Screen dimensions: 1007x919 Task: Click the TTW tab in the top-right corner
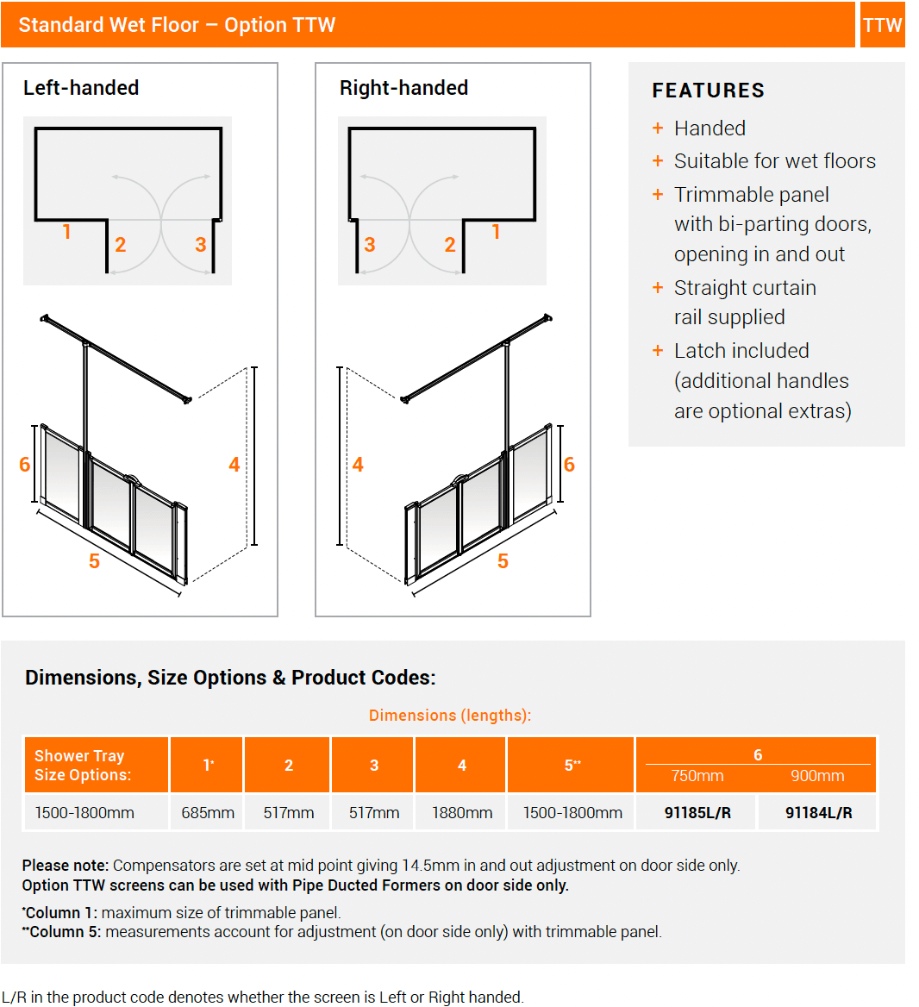[x=882, y=25]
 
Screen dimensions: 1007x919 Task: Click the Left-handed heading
[x=81, y=88]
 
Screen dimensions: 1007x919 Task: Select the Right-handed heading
[x=403, y=88]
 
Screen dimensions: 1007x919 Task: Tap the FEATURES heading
[x=708, y=91]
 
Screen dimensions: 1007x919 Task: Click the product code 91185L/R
[x=697, y=813]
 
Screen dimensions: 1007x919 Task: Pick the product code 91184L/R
[x=818, y=813]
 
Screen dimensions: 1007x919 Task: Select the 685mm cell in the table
[x=208, y=813]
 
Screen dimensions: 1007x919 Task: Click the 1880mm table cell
[x=462, y=813]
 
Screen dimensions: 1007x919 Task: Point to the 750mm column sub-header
[x=697, y=776]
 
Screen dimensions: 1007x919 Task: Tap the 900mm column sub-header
[x=817, y=776]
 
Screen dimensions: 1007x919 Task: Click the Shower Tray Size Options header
[x=83, y=766]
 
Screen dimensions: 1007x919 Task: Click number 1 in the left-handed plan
[x=66, y=232]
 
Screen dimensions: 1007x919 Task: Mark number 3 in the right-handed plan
[x=370, y=245]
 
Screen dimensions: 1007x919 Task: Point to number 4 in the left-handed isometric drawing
[x=234, y=466]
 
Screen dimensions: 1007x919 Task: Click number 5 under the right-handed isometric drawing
[x=503, y=561]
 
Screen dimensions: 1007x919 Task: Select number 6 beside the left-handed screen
[x=24, y=466]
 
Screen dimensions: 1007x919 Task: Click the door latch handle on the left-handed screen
[x=131, y=477]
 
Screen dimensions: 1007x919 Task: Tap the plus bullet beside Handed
[x=658, y=128]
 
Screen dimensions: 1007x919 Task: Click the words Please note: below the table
[x=66, y=866]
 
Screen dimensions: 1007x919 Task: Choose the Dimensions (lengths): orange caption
[x=450, y=716]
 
